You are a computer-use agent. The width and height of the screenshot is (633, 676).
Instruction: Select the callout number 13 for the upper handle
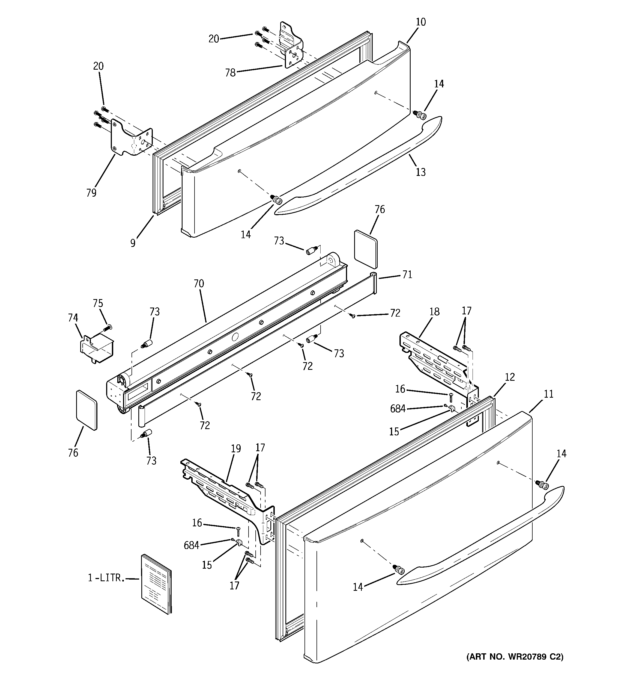(x=421, y=172)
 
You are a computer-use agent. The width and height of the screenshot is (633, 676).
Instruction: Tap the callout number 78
(x=230, y=73)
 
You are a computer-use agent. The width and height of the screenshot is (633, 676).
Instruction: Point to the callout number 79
(x=91, y=193)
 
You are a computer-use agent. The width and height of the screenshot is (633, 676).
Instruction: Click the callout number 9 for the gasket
(x=133, y=243)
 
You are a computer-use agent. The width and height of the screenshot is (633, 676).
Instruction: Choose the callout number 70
(x=199, y=283)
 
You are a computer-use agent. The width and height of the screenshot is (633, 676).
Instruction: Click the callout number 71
(x=407, y=274)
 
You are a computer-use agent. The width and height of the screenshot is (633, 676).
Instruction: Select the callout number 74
(x=73, y=318)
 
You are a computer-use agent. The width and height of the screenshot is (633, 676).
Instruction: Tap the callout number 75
(x=98, y=303)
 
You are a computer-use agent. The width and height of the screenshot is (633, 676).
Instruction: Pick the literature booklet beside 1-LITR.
(x=156, y=584)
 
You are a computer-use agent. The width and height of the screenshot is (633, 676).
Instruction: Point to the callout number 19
(x=236, y=448)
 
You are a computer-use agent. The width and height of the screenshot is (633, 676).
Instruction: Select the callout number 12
(x=510, y=377)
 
